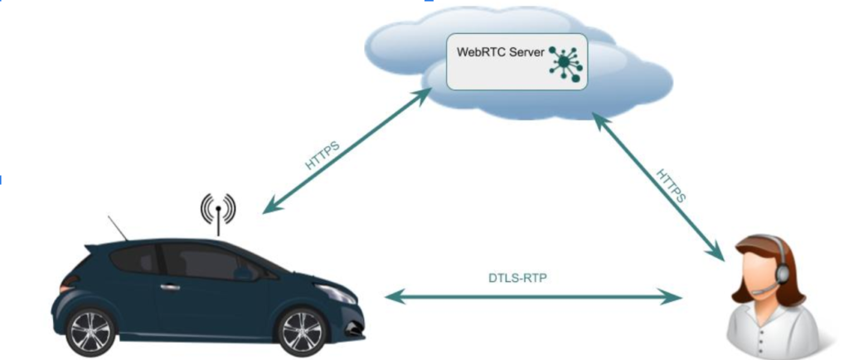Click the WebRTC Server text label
click(501, 52)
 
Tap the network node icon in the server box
click(565, 63)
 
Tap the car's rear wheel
click(90, 331)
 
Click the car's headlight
click(337, 292)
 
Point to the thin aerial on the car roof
click(118, 228)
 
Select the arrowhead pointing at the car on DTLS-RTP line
click(392, 295)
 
